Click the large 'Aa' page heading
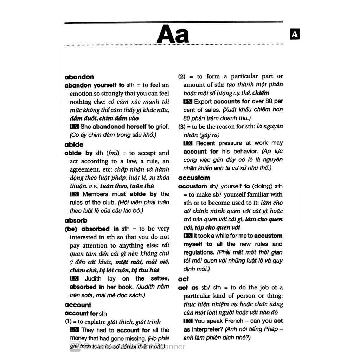tap(173, 34)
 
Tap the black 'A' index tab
tap(295, 34)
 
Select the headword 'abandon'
tap(79, 77)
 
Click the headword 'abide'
tap(74, 144)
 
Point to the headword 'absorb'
tap(76, 220)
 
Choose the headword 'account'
tap(78, 305)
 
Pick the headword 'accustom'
tap(194, 178)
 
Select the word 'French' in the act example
tap(233, 321)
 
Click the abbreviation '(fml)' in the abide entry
tap(113, 153)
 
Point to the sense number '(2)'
tap(182, 76)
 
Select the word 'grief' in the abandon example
tap(162, 127)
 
